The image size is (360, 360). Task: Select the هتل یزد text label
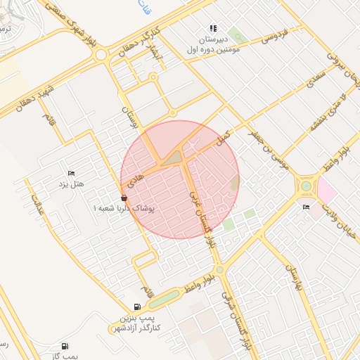[71, 184]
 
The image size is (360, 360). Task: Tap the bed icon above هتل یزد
[70, 173]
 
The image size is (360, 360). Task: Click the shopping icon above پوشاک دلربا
[124, 198]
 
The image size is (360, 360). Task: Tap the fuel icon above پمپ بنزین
[136, 307]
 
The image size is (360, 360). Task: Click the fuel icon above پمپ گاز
[65, 346]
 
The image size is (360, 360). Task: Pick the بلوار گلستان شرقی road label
[236, 323]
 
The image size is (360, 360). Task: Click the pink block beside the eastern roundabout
[327, 189]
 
